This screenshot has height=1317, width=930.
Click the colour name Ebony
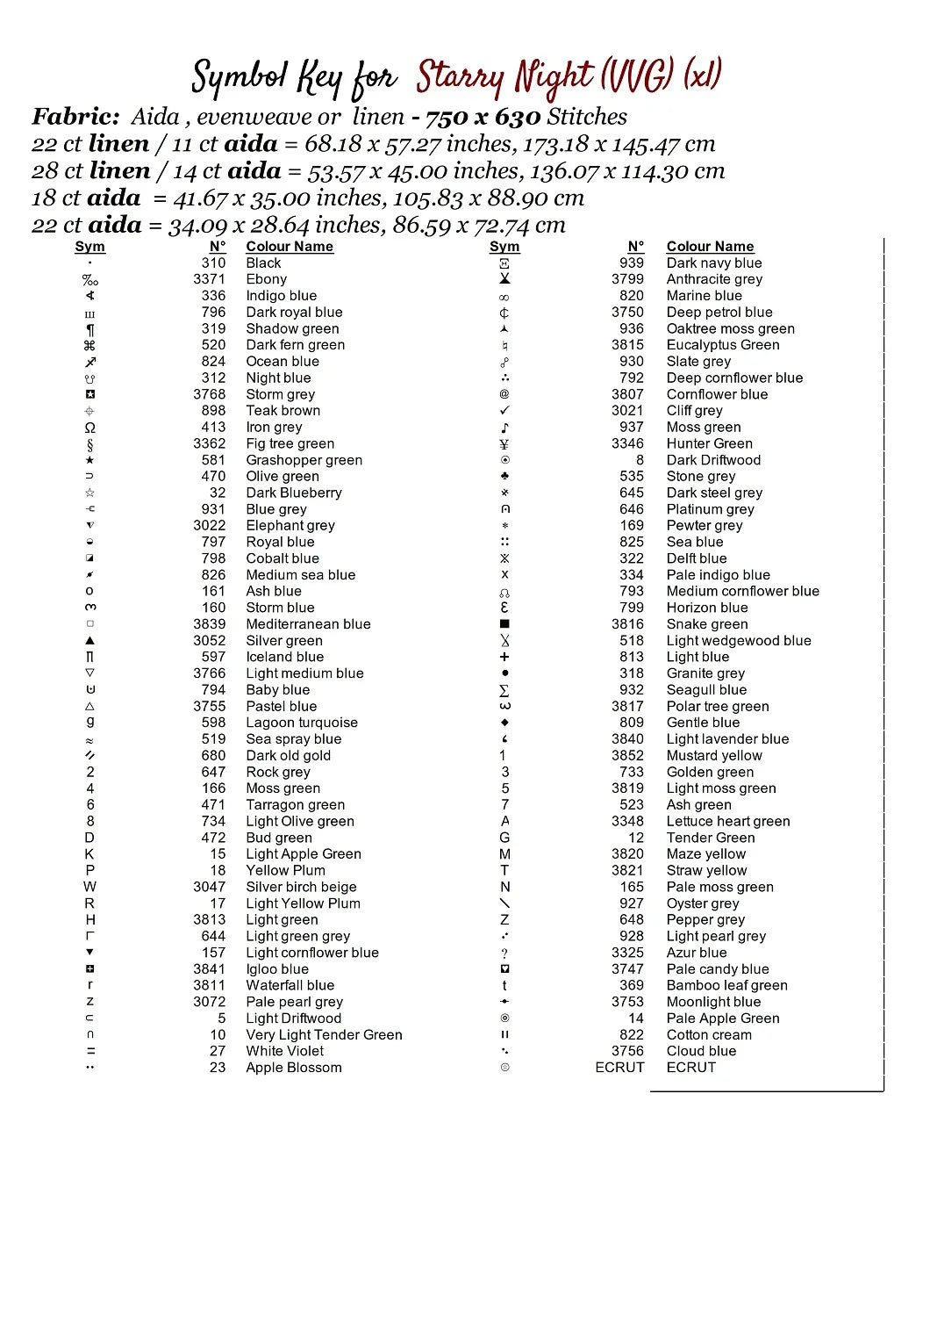[266, 279]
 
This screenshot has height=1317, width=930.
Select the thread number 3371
[209, 279]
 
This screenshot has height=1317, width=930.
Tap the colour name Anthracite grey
[714, 279]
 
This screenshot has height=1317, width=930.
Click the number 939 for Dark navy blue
[631, 263]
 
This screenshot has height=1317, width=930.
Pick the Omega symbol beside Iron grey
[89, 428]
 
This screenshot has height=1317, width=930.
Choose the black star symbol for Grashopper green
[89, 460]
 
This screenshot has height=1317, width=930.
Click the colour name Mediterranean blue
[308, 624]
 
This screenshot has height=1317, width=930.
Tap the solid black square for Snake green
[504, 624]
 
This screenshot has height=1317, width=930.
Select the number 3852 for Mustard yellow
[627, 755]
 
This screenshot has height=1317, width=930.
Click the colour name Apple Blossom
[293, 1068]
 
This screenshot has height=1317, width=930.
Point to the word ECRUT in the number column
[619, 1068]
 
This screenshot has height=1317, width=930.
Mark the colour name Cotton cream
[708, 1035]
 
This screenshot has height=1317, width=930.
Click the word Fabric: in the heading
[75, 117]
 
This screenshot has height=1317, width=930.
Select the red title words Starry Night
[505, 77]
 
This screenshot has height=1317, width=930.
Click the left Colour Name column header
[290, 247]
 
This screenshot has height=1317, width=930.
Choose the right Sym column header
[504, 247]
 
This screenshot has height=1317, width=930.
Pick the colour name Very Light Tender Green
[324, 1035]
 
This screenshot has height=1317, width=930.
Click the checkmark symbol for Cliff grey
[504, 410]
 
